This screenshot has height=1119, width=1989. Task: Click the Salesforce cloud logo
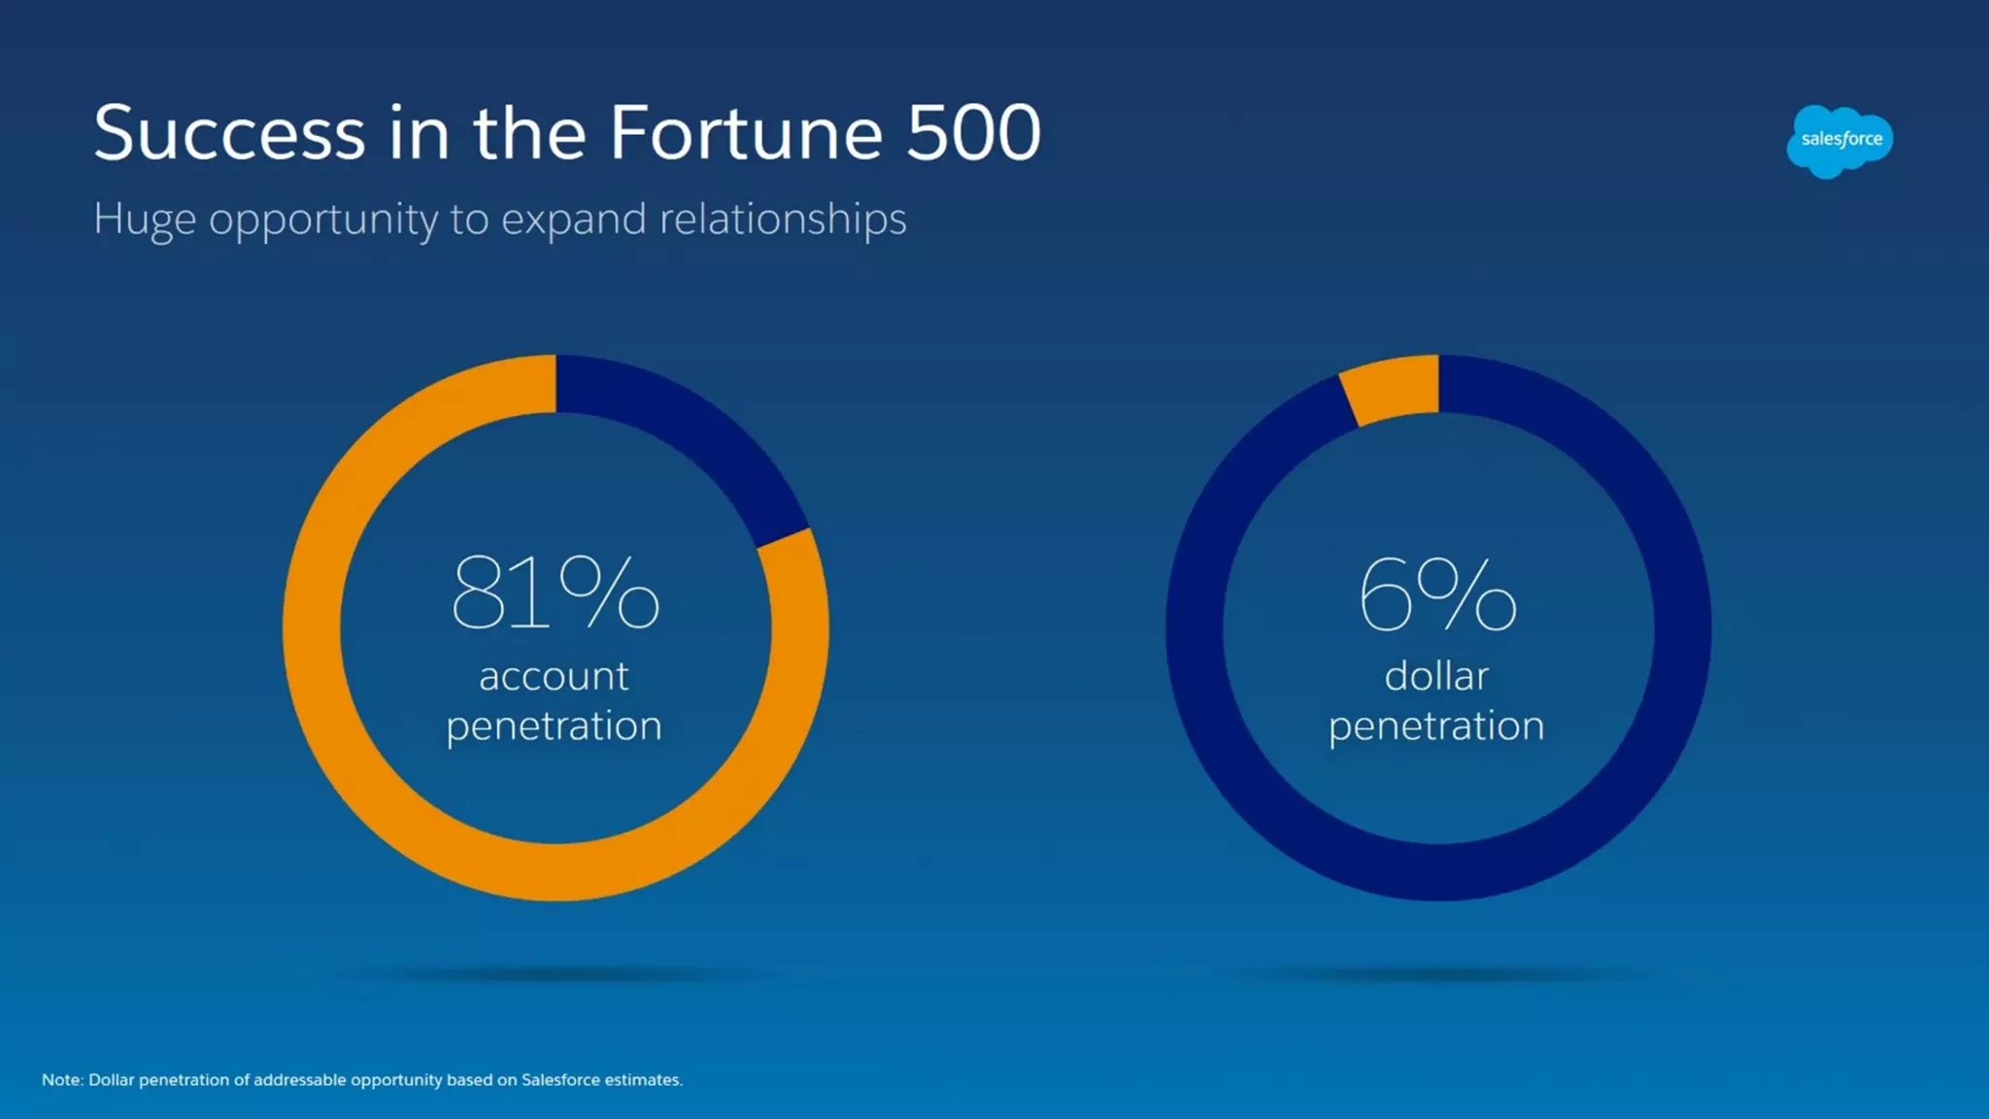[x=1839, y=141]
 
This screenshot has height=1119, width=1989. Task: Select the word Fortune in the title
[x=746, y=133]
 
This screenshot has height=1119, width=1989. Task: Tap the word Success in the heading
[x=229, y=133]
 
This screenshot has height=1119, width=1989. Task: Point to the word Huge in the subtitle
[x=145, y=220]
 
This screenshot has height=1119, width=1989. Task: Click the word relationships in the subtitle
[x=783, y=219]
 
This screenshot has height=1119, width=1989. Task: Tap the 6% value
[x=1436, y=593]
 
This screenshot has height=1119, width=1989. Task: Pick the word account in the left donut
[x=554, y=676]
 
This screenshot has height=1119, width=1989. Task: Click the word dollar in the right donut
[x=1436, y=676]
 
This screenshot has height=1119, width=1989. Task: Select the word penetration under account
[x=554, y=727]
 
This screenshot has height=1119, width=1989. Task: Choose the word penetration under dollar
[x=1436, y=727]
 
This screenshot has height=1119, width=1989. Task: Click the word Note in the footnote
[x=61, y=1080]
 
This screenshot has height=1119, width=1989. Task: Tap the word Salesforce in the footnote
[x=558, y=1080]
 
